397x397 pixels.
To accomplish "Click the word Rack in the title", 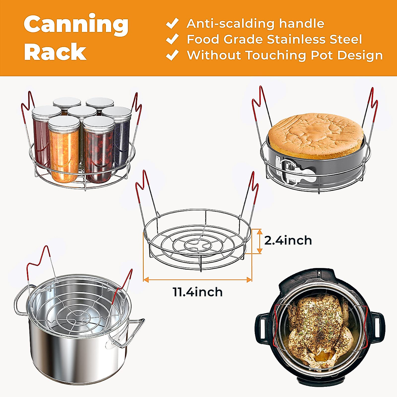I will pos(55,52).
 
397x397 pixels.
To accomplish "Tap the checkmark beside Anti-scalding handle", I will pos(172,23).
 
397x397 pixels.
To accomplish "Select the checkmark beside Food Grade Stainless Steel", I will pos(172,39).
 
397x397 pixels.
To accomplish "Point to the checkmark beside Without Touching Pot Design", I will pos(172,55).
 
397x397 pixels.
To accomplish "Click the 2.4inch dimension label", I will pos(288,240).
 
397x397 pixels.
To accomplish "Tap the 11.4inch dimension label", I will pos(198,292).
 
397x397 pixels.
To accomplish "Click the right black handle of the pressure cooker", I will pos(378,328).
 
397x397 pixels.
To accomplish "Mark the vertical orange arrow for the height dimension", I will pos(259,241).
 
